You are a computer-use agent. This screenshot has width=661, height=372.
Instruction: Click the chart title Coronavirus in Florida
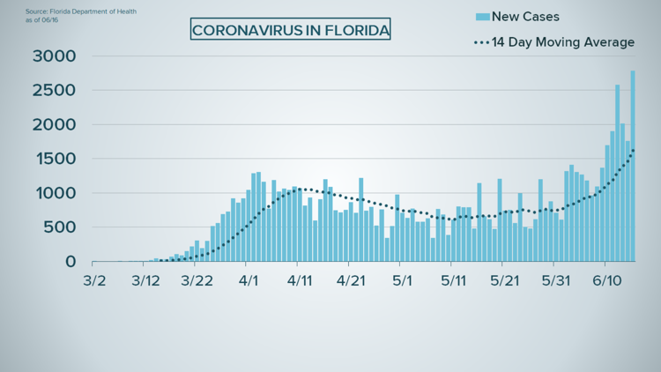(291, 30)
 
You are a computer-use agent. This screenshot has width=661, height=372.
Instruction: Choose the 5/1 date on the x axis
(402, 281)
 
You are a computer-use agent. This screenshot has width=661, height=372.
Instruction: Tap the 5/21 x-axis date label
(502, 281)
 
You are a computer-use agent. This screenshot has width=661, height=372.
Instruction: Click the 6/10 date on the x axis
(605, 281)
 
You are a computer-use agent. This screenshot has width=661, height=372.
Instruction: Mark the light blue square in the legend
(482, 17)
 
